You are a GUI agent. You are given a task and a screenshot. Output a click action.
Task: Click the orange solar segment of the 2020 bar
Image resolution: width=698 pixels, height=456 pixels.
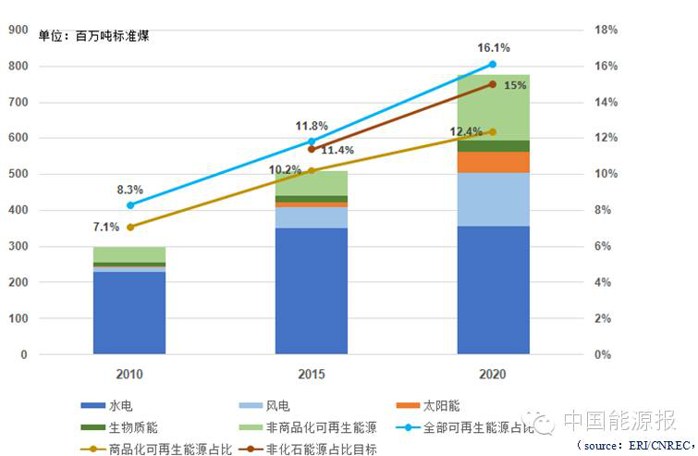pyautogui.click(x=493, y=162)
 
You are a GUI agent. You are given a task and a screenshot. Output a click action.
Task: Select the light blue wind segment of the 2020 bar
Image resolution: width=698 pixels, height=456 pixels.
pyautogui.click(x=493, y=199)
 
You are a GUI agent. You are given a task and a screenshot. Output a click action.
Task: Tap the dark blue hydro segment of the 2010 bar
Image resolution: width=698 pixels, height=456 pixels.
pyautogui.click(x=129, y=313)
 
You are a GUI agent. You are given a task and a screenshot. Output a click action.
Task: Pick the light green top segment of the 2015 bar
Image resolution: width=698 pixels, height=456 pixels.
pyautogui.click(x=311, y=183)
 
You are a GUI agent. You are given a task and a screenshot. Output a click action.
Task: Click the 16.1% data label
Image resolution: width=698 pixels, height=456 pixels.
pyautogui.click(x=493, y=47)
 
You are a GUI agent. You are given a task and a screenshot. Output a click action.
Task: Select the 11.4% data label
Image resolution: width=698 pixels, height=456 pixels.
pyautogui.click(x=338, y=150)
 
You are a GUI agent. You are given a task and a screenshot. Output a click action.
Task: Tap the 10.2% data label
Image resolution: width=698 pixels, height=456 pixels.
pyautogui.click(x=286, y=170)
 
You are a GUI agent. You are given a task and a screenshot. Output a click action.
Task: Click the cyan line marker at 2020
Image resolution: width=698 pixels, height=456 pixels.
pyautogui.click(x=493, y=65)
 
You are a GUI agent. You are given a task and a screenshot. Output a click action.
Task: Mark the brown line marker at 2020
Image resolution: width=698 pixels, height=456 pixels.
pyautogui.click(x=493, y=84)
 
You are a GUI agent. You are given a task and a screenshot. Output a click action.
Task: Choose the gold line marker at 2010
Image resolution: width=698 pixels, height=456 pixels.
pyautogui.click(x=129, y=227)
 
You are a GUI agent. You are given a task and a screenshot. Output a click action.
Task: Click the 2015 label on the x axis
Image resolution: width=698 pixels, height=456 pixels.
pyautogui.click(x=311, y=375)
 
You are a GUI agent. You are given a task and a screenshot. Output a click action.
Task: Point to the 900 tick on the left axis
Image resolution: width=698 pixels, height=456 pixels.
pyautogui.click(x=17, y=30)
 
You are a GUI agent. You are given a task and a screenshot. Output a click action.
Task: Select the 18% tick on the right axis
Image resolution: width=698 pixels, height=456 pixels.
pyautogui.click(x=606, y=30)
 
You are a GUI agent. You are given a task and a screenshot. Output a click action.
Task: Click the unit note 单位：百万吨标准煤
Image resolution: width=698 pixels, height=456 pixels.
pyautogui.click(x=93, y=36)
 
